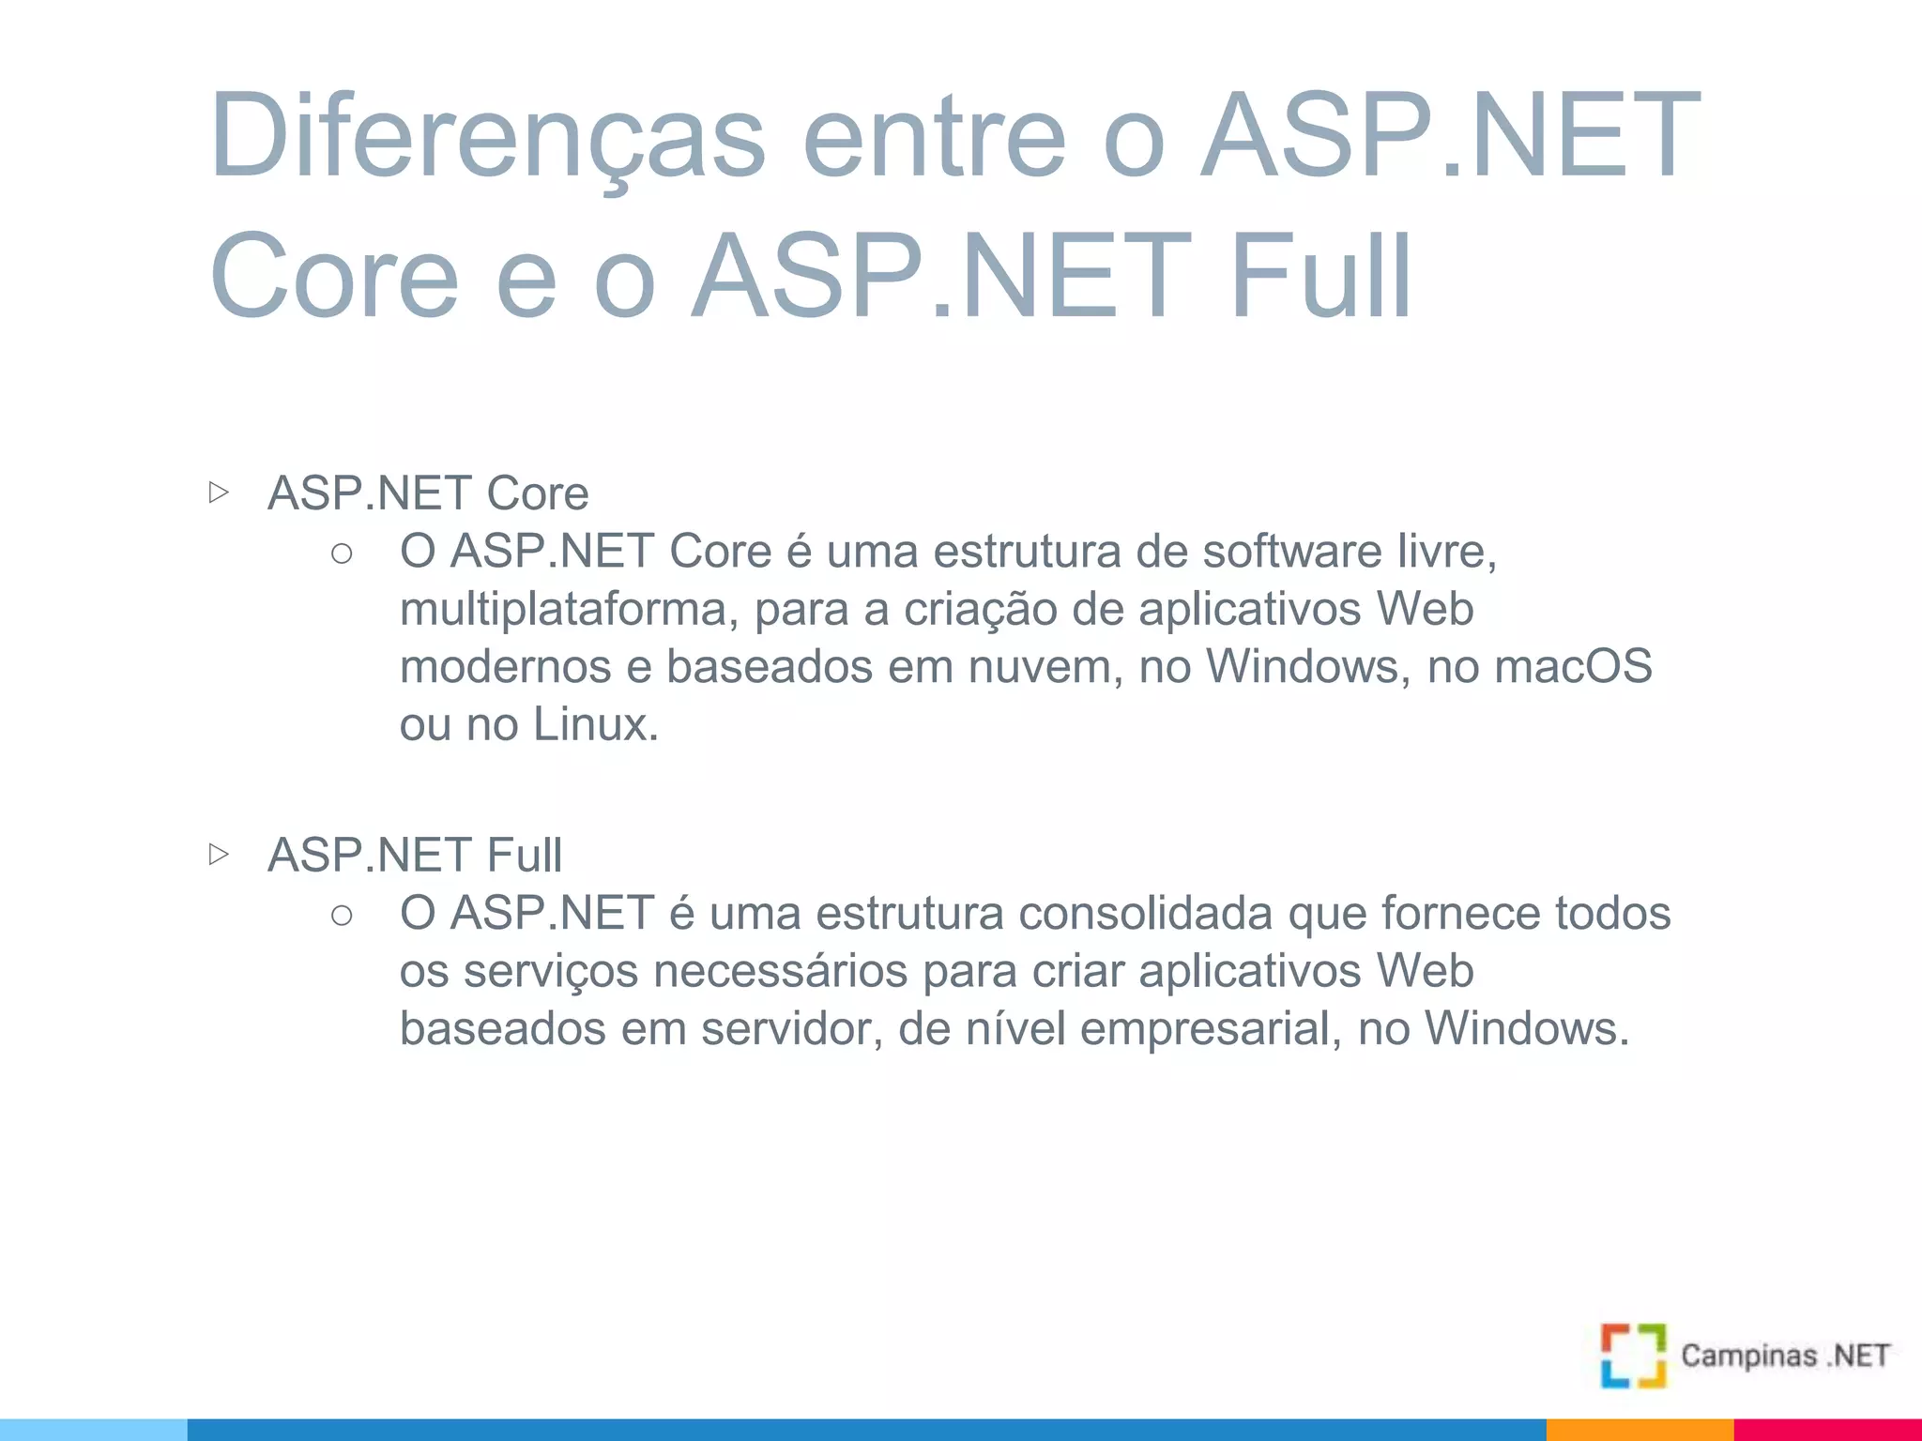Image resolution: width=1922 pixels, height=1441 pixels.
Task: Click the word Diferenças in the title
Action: pyautogui.click(x=487, y=136)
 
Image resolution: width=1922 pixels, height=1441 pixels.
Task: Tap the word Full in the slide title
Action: pyautogui.click(x=1320, y=277)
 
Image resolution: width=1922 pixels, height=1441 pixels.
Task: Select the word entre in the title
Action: pyautogui.click(x=935, y=136)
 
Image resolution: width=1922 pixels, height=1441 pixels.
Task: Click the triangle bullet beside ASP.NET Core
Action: pyautogui.click(x=219, y=492)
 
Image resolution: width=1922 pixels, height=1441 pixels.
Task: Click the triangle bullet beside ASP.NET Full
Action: pyautogui.click(x=219, y=854)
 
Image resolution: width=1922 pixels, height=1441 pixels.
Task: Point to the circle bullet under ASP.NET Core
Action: pyautogui.click(x=342, y=554)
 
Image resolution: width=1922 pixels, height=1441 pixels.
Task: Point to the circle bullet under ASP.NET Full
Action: pyautogui.click(x=342, y=915)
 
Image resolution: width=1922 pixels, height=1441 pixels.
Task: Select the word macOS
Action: pyautogui.click(x=1573, y=667)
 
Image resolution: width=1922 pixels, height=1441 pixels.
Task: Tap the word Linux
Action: pyautogui.click(x=595, y=724)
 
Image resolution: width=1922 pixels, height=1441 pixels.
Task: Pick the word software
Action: pyautogui.click(x=1292, y=552)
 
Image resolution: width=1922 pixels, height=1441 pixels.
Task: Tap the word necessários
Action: pyautogui.click(x=781, y=971)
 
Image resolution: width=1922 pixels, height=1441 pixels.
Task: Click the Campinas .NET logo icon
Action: pyautogui.click(x=1633, y=1355)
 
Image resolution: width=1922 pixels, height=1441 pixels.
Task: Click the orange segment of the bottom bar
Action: pyautogui.click(x=1640, y=1430)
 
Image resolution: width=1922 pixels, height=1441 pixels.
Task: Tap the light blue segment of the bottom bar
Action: pyautogui.click(x=94, y=1430)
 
